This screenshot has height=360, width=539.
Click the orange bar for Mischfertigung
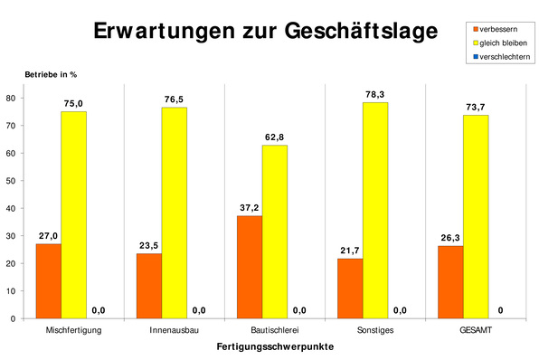click(x=48, y=280)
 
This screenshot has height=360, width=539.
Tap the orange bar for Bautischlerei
click(x=249, y=267)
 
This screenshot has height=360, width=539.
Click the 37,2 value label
click(x=250, y=207)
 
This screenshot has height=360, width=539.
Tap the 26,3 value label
click(x=450, y=238)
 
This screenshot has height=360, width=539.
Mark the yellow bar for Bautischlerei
click(x=275, y=232)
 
